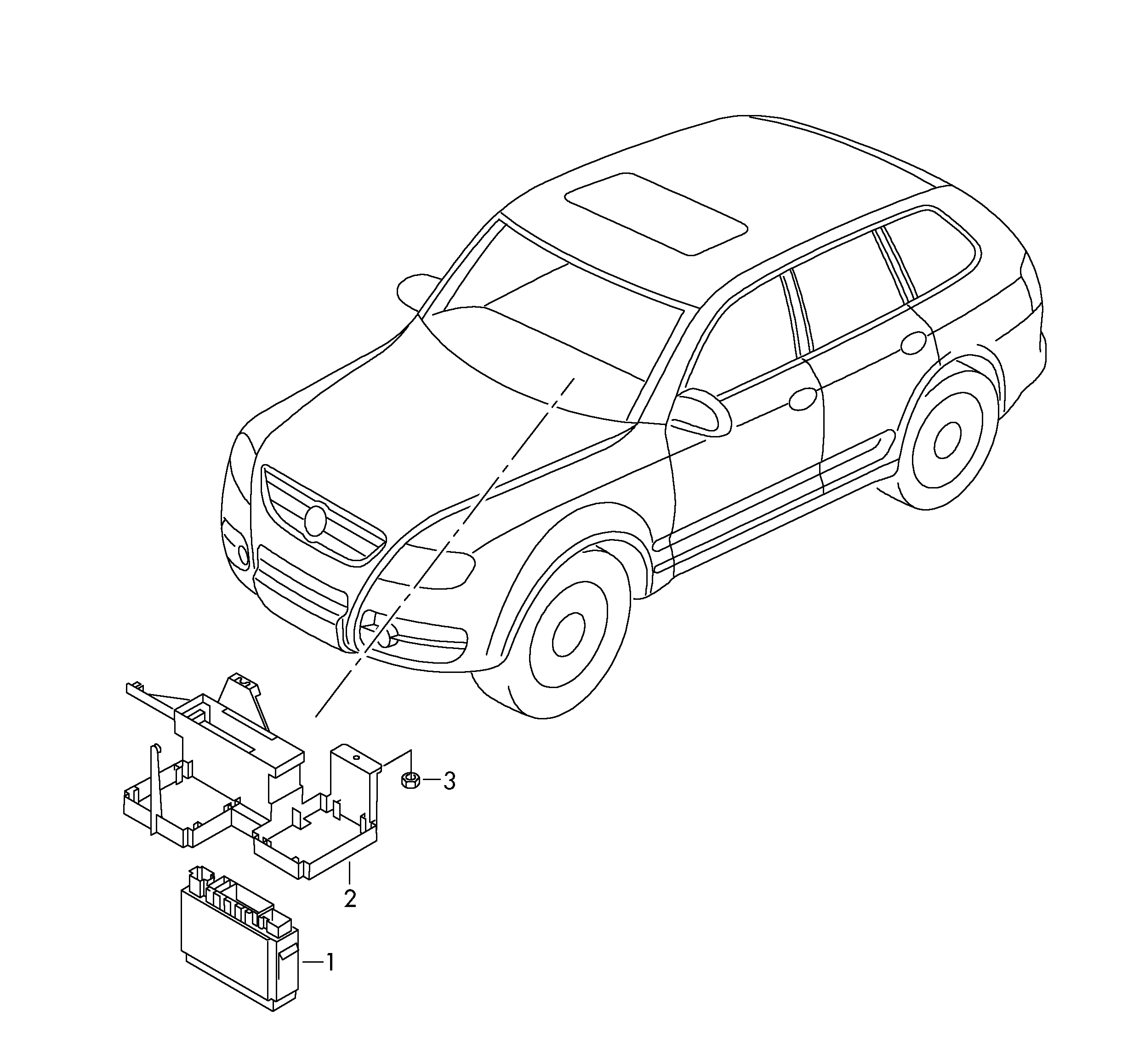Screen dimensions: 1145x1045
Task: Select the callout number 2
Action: coord(350,898)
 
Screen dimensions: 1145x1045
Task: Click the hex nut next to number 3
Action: coord(410,780)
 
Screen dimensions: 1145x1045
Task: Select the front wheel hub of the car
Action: coord(568,635)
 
